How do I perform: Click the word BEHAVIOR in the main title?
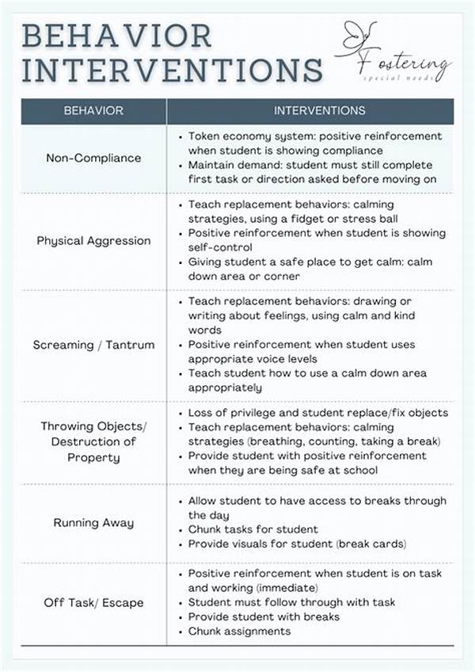[117, 36]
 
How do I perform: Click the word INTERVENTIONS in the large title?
[172, 70]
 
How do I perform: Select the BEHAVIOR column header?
[93, 111]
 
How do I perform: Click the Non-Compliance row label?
[93, 158]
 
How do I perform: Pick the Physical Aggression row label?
[93, 241]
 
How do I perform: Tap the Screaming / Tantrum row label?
[93, 345]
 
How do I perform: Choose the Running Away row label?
[93, 522]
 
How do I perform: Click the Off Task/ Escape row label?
[93, 602]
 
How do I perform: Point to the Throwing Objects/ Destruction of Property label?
[93, 441]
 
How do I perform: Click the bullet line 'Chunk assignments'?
[239, 631]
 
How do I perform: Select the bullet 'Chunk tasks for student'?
[253, 529]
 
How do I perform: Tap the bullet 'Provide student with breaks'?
[263, 617]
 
